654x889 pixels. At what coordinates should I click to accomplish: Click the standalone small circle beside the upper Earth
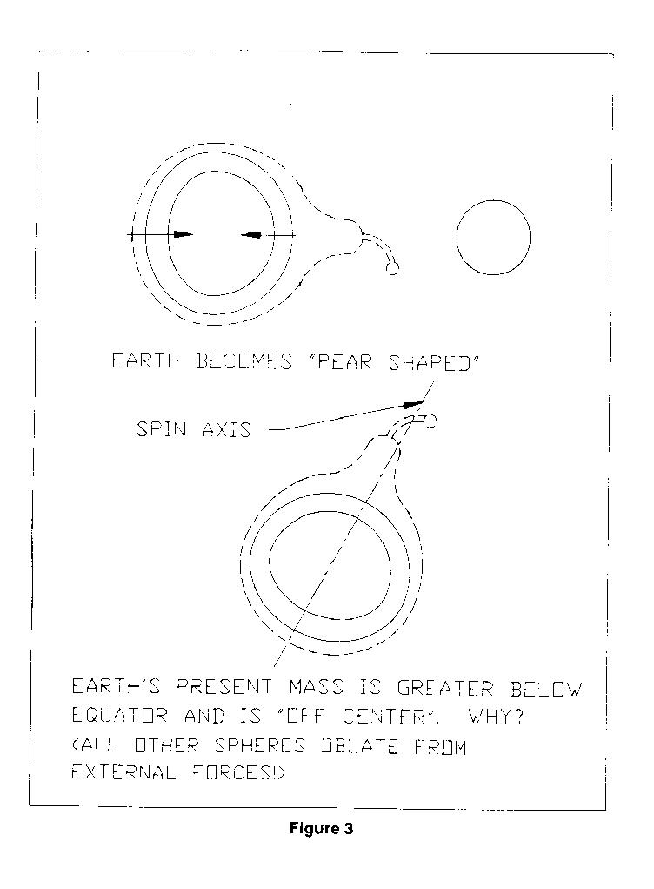[457, 237]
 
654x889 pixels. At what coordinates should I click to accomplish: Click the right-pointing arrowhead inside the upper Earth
[183, 234]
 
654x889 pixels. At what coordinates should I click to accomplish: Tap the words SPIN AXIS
[194, 430]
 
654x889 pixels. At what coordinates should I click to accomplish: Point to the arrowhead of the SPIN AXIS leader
[413, 404]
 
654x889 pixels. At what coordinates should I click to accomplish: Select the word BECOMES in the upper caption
[244, 361]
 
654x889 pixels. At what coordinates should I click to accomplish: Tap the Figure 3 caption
[321, 828]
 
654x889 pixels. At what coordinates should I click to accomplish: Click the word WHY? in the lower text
[496, 717]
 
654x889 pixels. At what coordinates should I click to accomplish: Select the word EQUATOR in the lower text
[119, 717]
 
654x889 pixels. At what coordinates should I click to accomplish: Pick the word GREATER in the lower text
[444, 688]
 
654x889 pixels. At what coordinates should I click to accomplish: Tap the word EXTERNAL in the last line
[123, 773]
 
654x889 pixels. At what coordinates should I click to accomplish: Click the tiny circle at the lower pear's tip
[430, 421]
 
